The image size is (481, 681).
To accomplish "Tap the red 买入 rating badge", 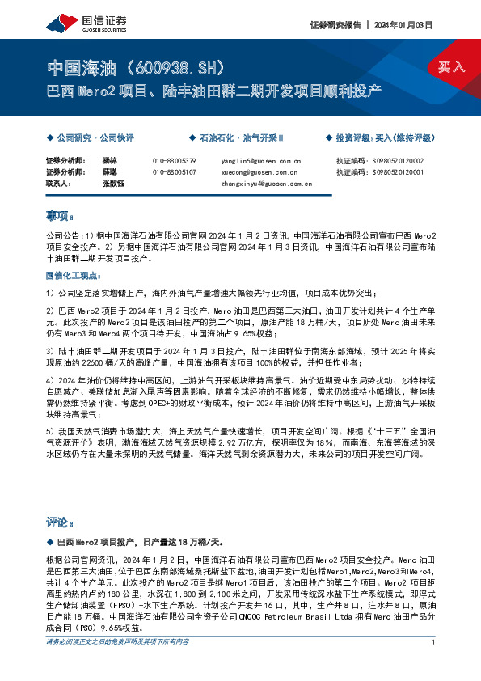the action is [451, 68].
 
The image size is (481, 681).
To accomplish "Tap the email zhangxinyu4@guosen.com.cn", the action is [266, 184].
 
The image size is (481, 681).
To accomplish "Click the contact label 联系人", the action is [59, 184].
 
